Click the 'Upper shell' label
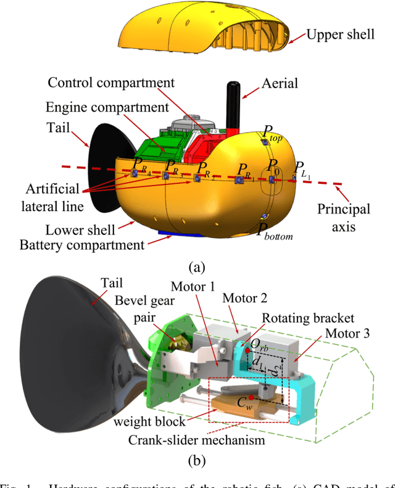(x=340, y=34)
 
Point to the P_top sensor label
(x=272, y=131)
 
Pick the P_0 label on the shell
(x=272, y=166)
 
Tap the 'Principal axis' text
(x=344, y=217)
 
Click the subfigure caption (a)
(x=196, y=267)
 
